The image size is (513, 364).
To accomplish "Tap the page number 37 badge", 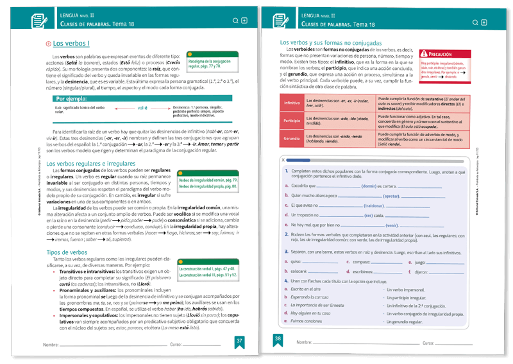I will click(x=239, y=340).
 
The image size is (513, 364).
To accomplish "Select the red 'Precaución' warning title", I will click(x=440, y=55).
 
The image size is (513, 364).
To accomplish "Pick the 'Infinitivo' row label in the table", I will click(x=292, y=103).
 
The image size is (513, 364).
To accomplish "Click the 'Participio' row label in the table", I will click(x=292, y=120).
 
